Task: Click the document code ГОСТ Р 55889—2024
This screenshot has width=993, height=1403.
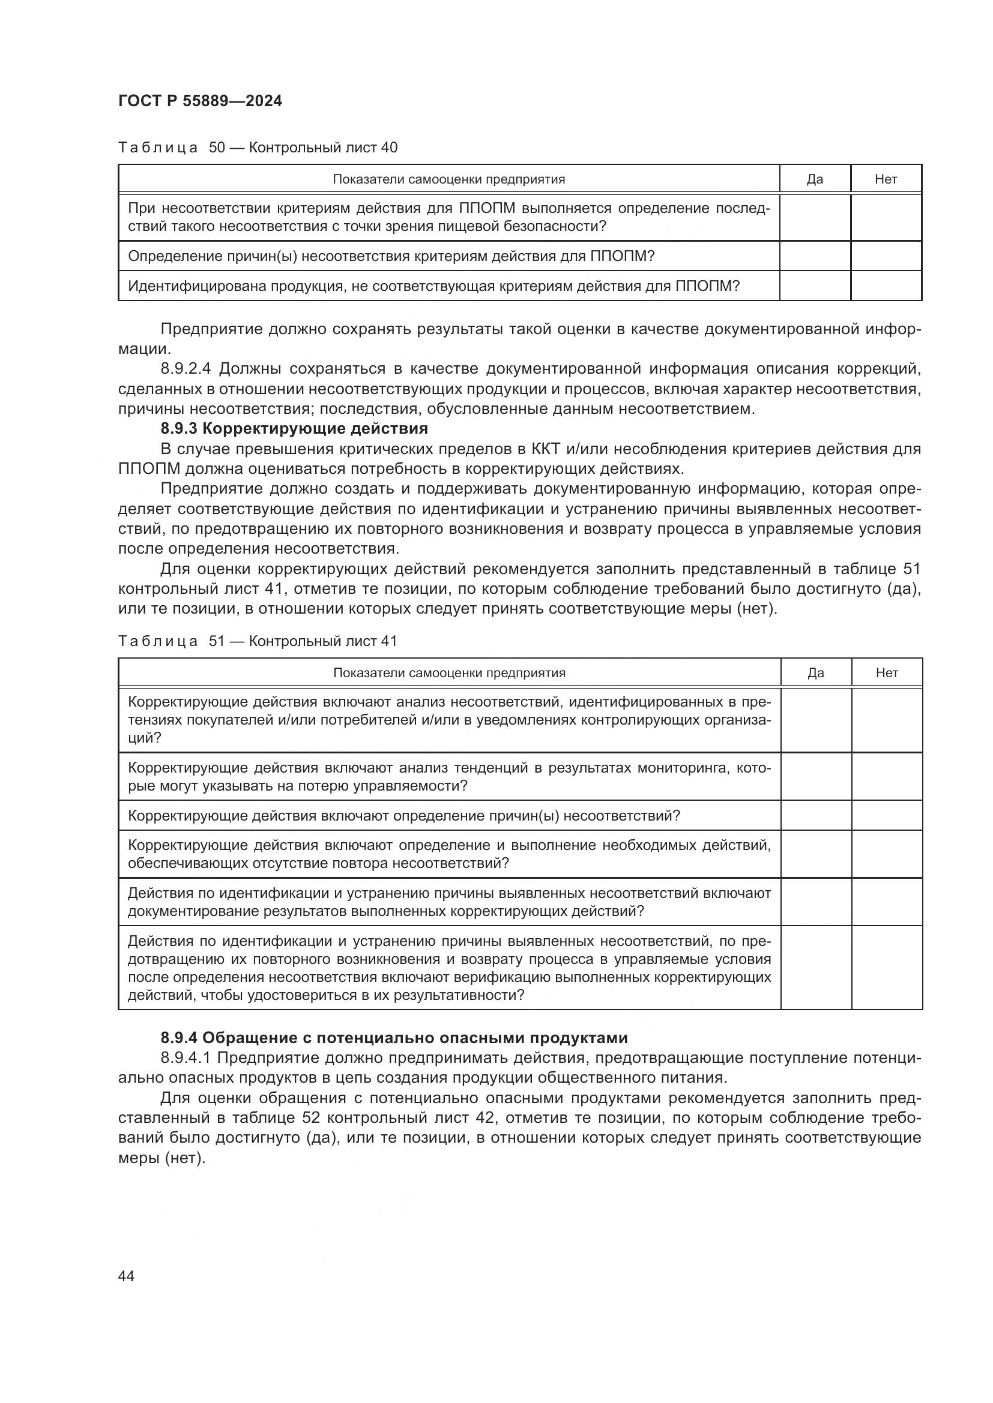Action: pyautogui.click(x=200, y=101)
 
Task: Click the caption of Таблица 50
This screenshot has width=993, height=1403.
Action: pyautogui.click(x=258, y=148)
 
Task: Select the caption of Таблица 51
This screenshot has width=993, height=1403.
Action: pyautogui.click(x=258, y=641)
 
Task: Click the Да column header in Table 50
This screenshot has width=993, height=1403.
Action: pyautogui.click(x=815, y=179)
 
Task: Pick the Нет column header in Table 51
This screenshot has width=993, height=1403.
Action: pyautogui.click(x=887, y=673)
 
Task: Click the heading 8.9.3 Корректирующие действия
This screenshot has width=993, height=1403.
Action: pyautogui.click(x=294, y=428)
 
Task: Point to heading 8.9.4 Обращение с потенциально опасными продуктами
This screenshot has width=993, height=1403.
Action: pyautogui.click(x=394, y=1038)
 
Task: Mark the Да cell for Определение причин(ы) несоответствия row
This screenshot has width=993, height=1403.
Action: pyautogui.click(x=815, y=256)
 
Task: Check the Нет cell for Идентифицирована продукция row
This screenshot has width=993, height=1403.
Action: pyautogui.click(x=886, y=286)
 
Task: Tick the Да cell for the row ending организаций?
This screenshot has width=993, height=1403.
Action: pyautogui.click(x=816, y=720)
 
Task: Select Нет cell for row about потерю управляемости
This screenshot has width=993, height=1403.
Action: pyautogui.click(x=887, y=777)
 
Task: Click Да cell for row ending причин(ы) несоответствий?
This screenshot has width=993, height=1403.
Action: pyautogui.click(x=816, y=816)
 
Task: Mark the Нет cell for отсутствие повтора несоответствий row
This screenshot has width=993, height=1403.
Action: pyautogui.click(x=887, y=854)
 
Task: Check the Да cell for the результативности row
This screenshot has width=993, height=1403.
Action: pyautogui.click(x=816, y=968)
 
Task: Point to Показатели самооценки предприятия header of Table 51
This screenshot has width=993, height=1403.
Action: pyautogui.click(x=449, y=673)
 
